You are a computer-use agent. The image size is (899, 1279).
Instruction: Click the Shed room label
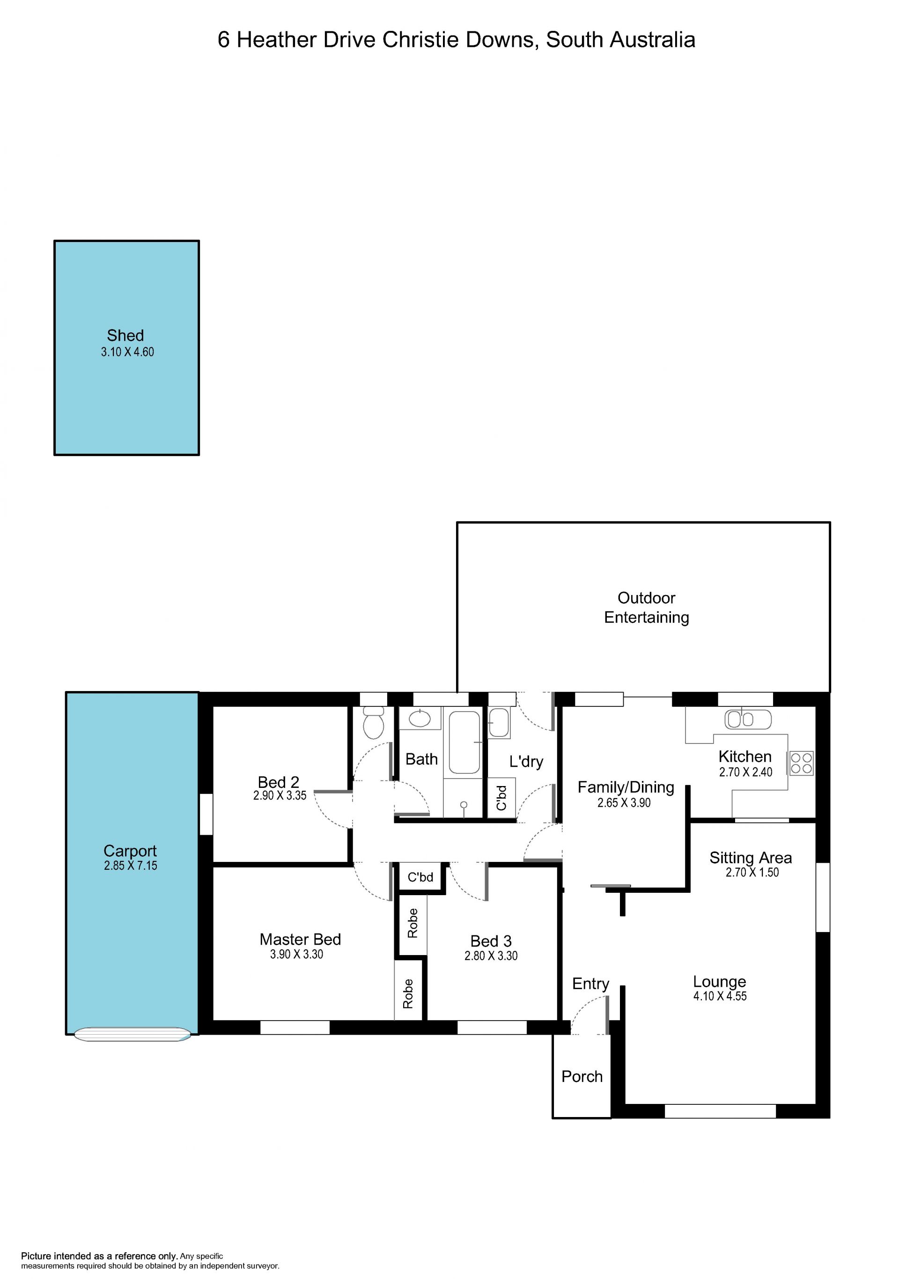125,335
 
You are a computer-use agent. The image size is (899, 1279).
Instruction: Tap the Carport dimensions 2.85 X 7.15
130,865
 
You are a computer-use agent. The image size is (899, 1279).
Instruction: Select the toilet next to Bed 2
373,722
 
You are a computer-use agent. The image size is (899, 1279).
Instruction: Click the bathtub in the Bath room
464,742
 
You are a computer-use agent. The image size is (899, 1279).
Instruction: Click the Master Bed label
300,939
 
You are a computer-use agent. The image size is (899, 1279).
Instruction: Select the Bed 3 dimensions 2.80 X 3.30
491,956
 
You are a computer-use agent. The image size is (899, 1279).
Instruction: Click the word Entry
590,984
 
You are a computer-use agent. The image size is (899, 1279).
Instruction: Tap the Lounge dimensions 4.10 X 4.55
720,996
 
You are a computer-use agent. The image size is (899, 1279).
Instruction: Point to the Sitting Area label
750,858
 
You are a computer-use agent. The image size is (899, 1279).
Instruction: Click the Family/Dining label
626,787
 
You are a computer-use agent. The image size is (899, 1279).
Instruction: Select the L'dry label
526,762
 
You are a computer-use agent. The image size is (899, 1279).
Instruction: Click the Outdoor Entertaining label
646,607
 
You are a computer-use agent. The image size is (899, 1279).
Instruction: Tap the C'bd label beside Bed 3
420,877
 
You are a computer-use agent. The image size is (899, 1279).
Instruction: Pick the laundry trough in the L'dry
499,722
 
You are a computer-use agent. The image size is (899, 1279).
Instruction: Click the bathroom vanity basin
420,719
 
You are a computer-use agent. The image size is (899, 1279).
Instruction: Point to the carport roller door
132,1035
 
